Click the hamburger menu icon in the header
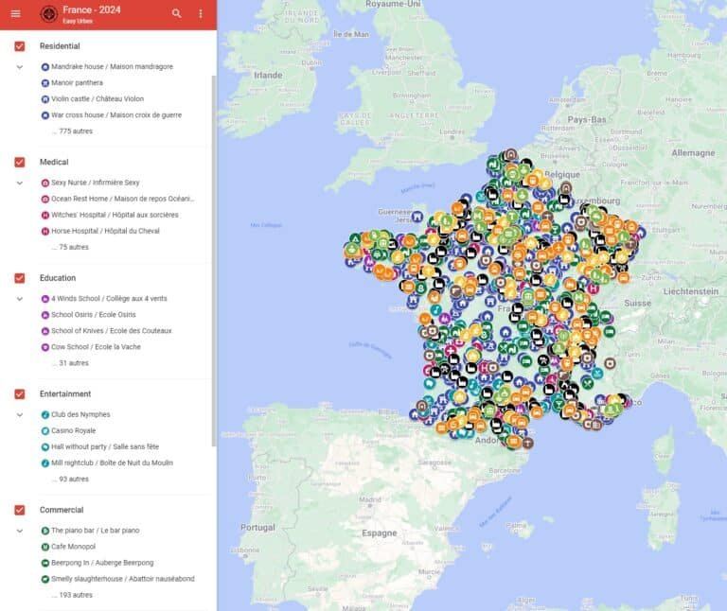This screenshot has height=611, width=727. (15, 13)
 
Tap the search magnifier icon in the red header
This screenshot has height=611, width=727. (177, 13)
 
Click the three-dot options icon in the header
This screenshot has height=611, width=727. (201, 13)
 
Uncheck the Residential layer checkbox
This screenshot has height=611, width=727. (20, 46)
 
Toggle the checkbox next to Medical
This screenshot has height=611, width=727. (20, 162)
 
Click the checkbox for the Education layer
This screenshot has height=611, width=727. (20, 278)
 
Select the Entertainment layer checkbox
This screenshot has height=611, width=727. (20, 393)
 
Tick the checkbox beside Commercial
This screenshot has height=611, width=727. (20, 510)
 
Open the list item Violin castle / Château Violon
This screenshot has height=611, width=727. (97, 98)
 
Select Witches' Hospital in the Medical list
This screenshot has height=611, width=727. (114, 215)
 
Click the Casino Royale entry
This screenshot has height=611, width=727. (74, 430)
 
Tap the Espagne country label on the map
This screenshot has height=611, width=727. (380, 532)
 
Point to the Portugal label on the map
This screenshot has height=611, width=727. (257, 527)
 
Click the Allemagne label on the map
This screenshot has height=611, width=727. (693, 152)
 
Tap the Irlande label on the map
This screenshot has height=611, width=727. (268, 75)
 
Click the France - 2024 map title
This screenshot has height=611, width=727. (91, 9)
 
